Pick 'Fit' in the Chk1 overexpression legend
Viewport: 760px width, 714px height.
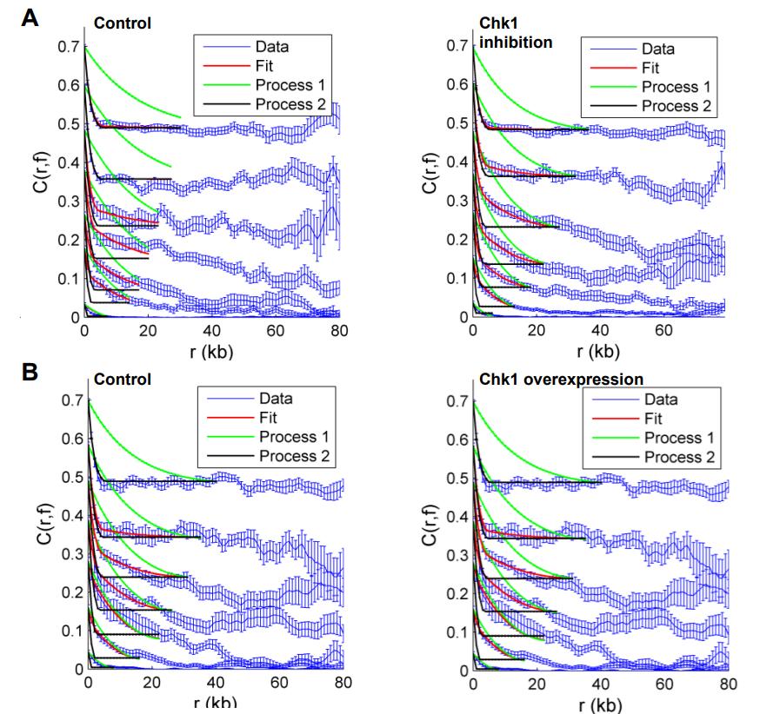653,418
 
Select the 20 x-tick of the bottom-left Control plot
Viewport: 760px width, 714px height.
151,684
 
